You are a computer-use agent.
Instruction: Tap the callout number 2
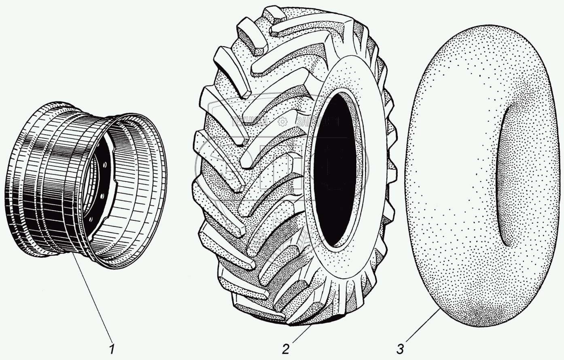(x=286, y=349)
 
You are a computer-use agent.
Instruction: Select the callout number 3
(x=401, y=349)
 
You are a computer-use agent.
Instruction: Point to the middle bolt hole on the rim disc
(x=102, y=197)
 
